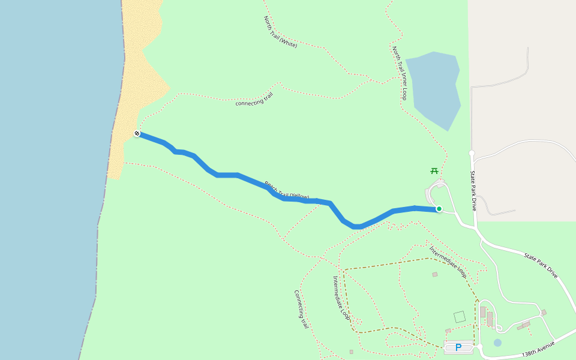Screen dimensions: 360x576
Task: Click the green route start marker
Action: tap(439, 209)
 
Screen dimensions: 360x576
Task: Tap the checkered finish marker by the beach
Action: tap(137, 133)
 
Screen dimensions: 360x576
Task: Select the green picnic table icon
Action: tap(434, 171)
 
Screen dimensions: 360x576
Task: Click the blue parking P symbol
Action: tap(458, 347)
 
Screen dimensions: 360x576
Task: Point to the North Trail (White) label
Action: tap(280, 32)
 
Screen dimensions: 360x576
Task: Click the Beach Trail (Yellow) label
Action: tap(287, 190)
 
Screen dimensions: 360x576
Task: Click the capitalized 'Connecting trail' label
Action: tap(301, 309)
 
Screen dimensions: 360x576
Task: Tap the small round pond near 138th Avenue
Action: tap(497, 343)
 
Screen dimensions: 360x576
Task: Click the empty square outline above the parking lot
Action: tap(460, 316)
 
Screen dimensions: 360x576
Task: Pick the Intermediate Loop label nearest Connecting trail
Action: tap(341, 298)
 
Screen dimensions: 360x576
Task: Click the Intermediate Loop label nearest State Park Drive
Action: tap(448, 260)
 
